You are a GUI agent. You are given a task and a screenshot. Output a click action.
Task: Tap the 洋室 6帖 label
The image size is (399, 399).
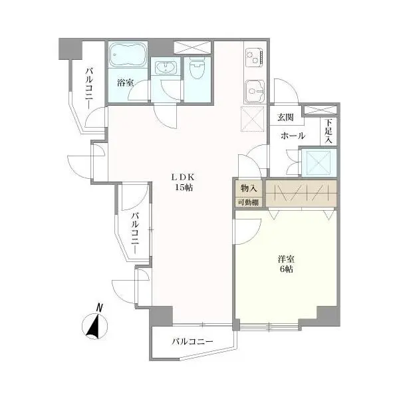(x=287, y=264)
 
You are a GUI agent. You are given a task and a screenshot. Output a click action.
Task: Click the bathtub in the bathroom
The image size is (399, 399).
(x=126, y=56)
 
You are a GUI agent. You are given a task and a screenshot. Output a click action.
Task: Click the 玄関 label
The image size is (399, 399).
(x=285, y=117)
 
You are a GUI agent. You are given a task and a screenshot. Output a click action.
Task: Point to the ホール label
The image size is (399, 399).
(x=293, y=136)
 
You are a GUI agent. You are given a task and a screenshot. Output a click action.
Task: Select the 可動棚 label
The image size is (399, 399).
(x=249, y=202)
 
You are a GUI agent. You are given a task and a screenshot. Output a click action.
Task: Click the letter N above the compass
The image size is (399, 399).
(x=98, y=307)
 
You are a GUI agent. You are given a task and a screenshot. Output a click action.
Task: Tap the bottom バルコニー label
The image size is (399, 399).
(x=192, y=342)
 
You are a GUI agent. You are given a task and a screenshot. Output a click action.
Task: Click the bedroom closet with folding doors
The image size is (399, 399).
(x=301, y=193)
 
